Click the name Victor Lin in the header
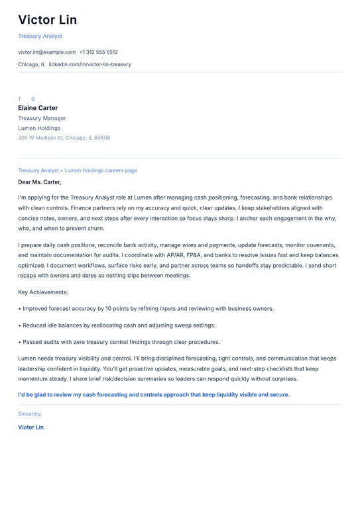pos(47,20)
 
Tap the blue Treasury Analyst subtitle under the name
pos(40,36)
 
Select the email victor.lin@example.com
pos(46,52)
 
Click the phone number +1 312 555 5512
pos(98,52)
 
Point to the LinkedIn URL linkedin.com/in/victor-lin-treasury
pos(90,64)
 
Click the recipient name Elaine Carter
pos(38,108)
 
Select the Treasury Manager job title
pos(42,118)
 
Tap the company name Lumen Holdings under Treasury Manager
pos(39,128)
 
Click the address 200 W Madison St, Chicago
pos(64,138)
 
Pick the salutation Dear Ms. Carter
pos(39,182)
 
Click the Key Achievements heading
pos(43,292)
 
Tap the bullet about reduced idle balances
pos(118,325)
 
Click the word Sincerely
pos(30,414)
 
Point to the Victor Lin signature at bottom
pos(30,427)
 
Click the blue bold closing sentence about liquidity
pos(154,394)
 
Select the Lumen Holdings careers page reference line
pos(78,170)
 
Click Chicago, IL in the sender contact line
pos(32,64)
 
